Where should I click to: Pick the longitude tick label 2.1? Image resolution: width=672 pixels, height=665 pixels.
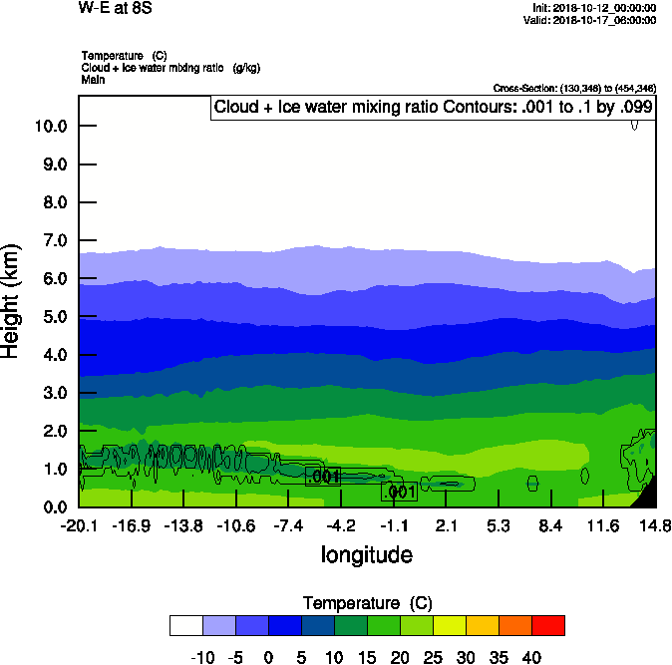coord(446,525)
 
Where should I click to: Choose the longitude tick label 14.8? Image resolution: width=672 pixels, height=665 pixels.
coord(654,525)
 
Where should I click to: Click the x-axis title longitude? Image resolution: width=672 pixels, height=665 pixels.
coord(366,554)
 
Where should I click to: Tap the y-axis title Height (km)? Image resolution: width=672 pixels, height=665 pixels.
coord(12,300)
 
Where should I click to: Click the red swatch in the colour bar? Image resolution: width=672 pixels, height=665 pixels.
coord(547,625)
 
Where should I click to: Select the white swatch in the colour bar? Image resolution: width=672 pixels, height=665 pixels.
coord(186,625)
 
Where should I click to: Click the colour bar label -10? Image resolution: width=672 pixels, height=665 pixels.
coord(202,658)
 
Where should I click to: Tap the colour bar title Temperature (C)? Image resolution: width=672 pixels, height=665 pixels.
coord(366,603)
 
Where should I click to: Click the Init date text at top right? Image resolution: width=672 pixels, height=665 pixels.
coord(594,8)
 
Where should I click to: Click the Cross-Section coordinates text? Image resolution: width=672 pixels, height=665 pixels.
coord(574,88)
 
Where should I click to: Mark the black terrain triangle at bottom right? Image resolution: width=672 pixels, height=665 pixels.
coord(647,494)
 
